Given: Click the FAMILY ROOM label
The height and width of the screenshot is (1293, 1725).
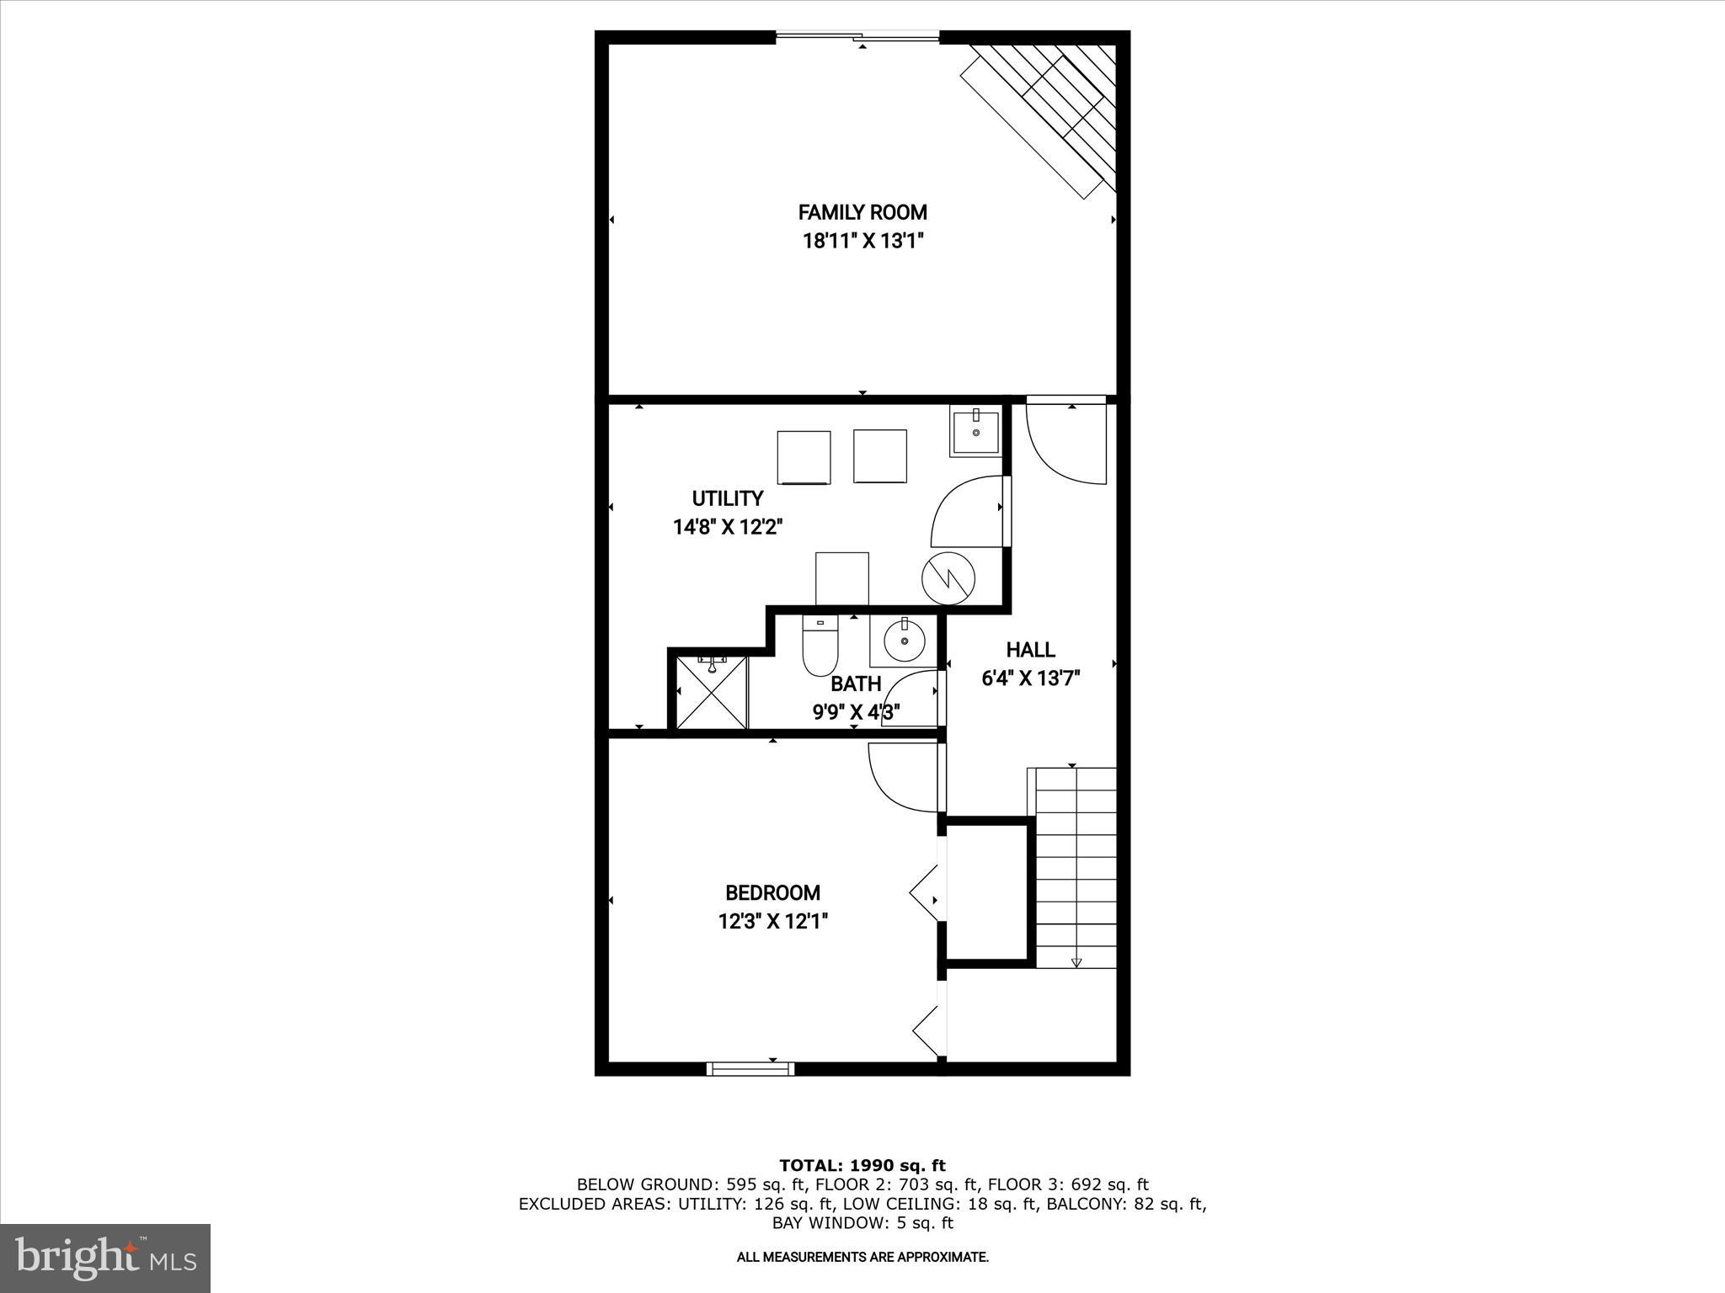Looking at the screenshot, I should point(862,212).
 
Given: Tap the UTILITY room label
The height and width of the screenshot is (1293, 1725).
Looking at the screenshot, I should point(728,498).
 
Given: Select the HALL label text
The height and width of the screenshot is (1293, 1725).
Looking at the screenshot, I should point(1030,650).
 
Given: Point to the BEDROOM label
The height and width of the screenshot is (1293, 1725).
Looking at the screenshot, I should point(772,892).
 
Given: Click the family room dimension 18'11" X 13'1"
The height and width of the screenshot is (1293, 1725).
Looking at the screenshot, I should point(862,242).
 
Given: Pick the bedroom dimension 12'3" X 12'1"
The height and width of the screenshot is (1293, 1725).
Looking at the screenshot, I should point(772,922).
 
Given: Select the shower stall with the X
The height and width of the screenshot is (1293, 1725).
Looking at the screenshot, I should point(712,693).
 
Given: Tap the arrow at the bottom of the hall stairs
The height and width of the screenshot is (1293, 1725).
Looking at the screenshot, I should point(1076,962).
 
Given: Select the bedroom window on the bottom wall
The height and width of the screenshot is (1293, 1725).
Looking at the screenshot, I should point(750,1068).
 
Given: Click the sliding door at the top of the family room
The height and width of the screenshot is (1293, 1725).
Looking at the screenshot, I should point(857,36).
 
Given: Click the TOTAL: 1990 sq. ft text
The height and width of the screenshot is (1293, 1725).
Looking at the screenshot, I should point(862,1166).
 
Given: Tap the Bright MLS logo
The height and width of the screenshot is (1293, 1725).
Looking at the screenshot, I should point(105,1258).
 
